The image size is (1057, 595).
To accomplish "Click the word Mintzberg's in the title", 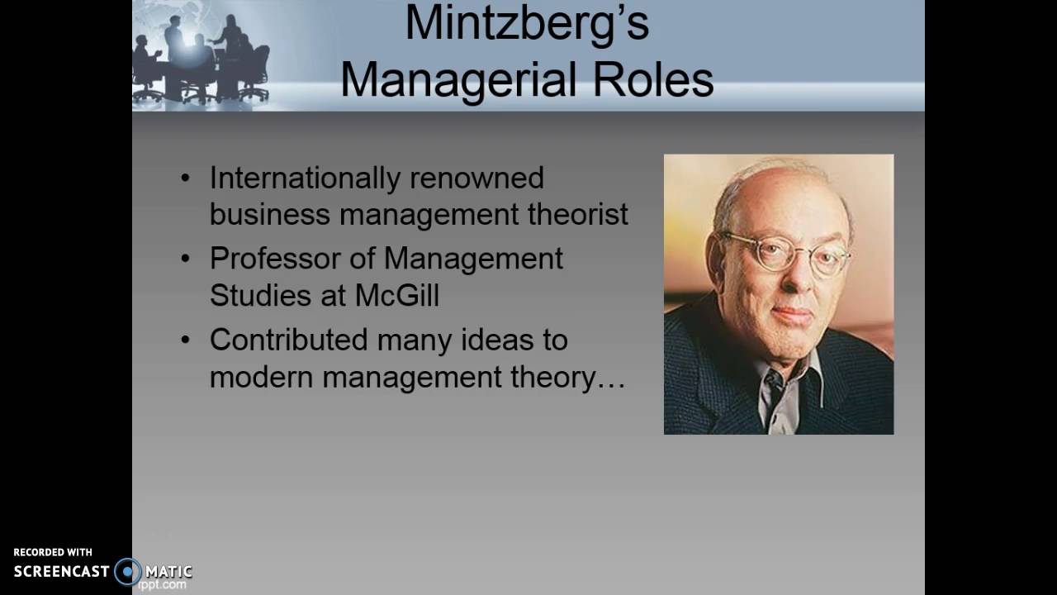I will (527, 24).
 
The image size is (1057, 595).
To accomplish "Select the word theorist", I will (578, 214).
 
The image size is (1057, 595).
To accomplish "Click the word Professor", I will (274, 259).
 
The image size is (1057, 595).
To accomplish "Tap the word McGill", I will (396, 295).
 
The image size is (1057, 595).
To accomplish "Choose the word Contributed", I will (289, 340).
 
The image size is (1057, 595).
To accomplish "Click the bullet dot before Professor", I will (185, 259).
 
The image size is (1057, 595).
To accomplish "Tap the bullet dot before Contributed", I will (185, 340).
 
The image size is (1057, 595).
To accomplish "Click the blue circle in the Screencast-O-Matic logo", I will (128, 571).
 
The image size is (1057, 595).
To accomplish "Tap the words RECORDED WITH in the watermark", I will (53, 552).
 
